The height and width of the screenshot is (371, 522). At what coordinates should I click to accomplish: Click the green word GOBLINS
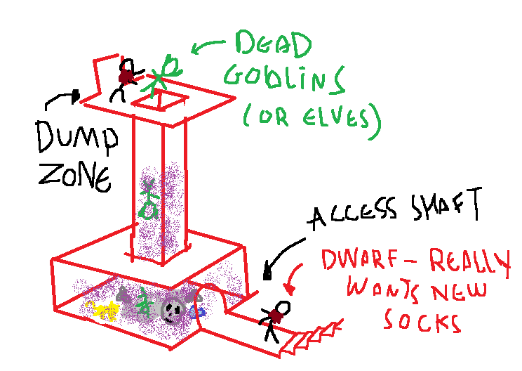[283, 82]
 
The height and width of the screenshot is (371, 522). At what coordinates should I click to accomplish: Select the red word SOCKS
[421, 323]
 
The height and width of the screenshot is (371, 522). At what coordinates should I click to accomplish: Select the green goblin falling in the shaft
[148, 200]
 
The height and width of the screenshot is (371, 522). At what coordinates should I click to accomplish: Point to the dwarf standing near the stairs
[275, 320]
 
